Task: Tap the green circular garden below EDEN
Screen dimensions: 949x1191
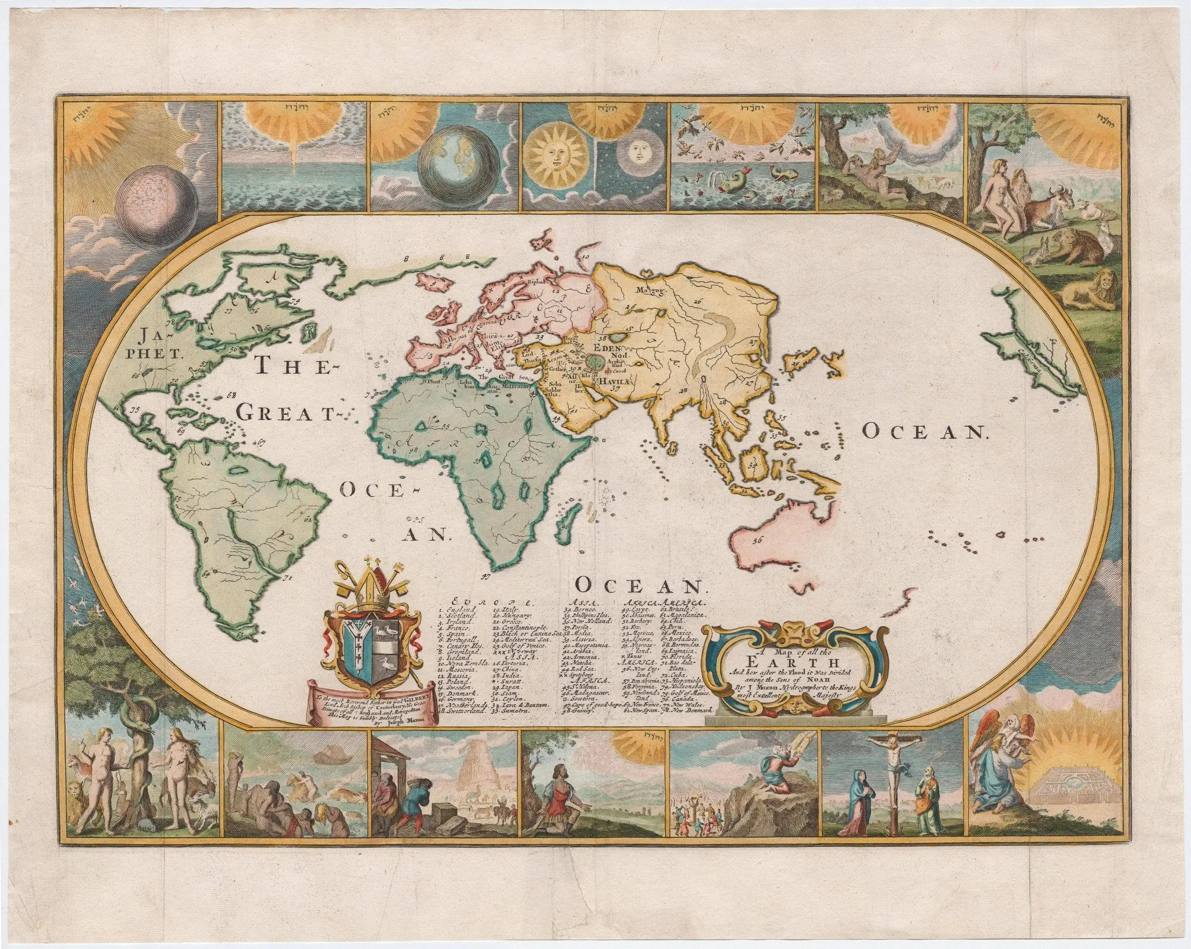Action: pyautogui.click(x=593, y=360)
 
